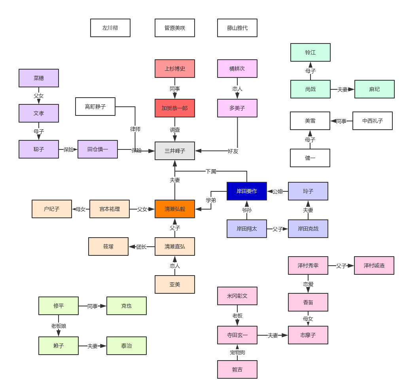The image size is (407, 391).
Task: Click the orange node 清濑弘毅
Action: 174,209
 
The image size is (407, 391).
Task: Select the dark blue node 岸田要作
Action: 246,191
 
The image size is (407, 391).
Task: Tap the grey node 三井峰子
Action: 174,151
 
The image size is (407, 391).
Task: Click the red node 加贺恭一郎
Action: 174,108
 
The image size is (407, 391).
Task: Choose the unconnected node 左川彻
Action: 110,28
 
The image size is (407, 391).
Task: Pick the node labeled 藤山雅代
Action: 237,28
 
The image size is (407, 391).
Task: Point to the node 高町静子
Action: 95,106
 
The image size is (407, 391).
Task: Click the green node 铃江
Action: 310,52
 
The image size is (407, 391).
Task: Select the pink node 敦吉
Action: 237,369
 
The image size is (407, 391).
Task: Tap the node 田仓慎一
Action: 97,149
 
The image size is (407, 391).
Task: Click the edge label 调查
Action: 174,130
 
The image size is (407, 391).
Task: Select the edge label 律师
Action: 135,129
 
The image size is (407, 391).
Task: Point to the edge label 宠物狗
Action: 237,352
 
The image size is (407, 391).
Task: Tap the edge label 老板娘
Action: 59,326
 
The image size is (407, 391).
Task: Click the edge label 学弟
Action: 211,200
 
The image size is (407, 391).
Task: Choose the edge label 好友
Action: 233,151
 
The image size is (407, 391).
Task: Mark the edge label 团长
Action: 142,247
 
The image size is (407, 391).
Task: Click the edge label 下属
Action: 211,171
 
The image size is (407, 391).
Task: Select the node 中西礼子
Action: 372,121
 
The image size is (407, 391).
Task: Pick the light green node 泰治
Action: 126,346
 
